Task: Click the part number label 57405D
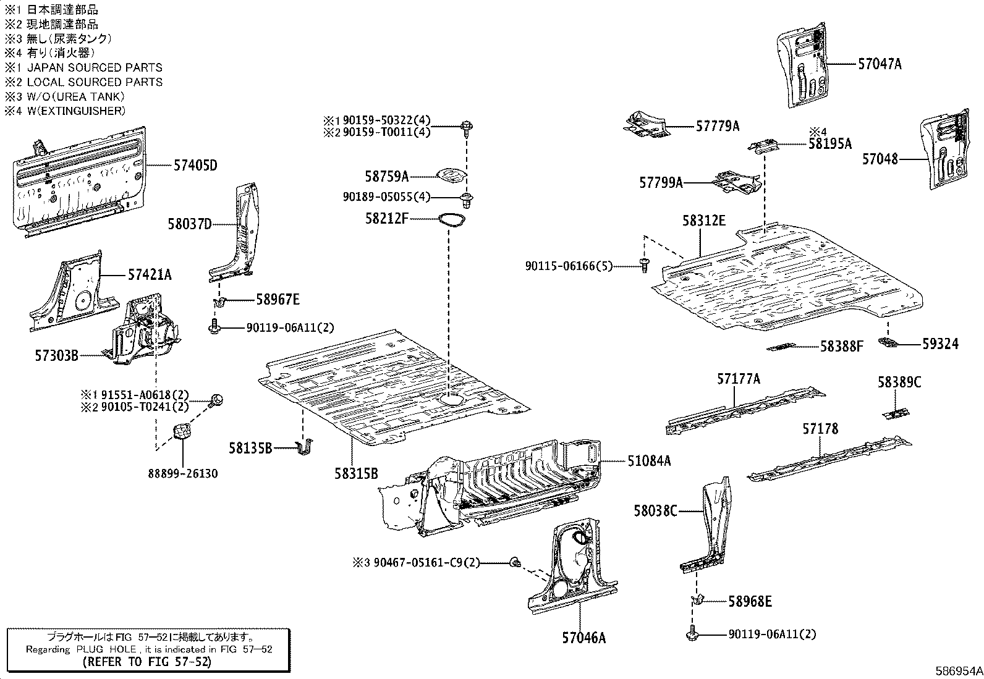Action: [x=195, y=166]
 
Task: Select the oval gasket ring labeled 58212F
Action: [x=452, y=219]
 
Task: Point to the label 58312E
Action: [x=704, y=221]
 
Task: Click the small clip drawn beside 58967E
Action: [x=219, y=302]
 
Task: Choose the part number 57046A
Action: [x=583, y=638]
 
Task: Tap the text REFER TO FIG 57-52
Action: [x=147, y=662]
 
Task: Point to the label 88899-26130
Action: [x=182, y=474]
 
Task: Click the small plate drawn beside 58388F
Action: [x=783, y=347]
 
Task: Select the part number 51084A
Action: [x=649, y=461]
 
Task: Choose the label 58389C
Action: [x=899, y=382]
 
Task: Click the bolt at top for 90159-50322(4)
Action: [x=466, y=127]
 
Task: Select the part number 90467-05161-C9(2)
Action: [x=426, y=563]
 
